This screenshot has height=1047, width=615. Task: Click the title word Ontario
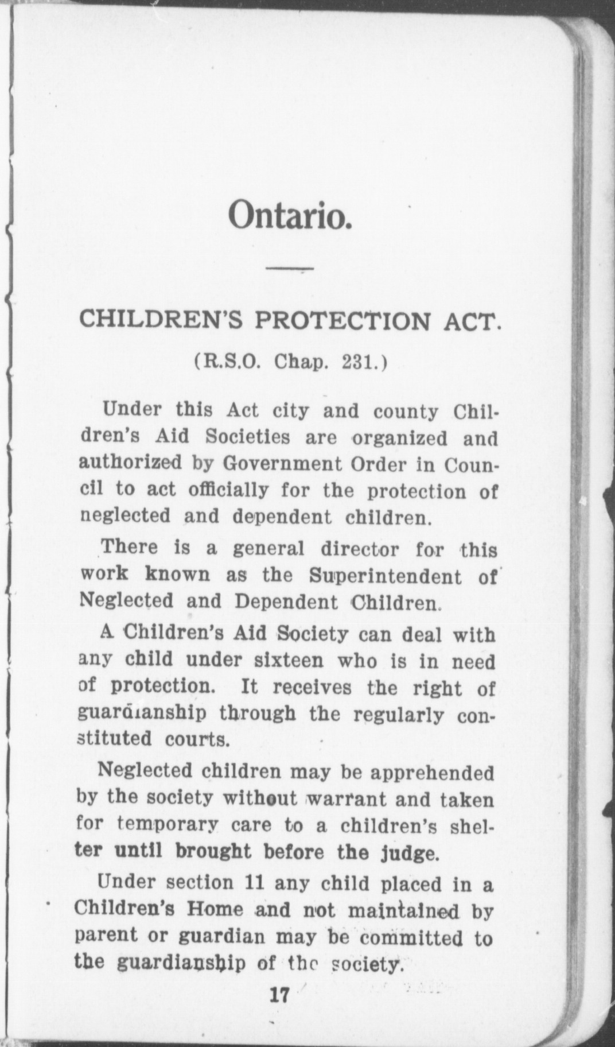click(289, 215)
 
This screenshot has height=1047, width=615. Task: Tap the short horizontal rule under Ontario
click(289, 268)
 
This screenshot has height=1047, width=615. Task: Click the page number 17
click(281, 994)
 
